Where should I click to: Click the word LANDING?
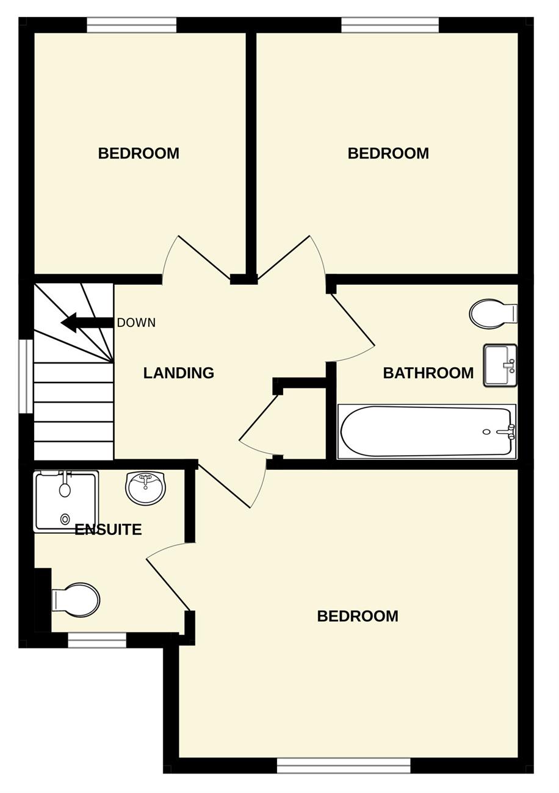point(179,373)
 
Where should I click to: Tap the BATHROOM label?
point(428,373)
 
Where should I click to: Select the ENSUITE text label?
point(109,529)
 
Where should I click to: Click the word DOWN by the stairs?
point(136,323)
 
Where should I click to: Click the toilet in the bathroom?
point(494,313)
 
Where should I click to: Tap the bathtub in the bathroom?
point(427,431)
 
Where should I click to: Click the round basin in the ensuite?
point(145,488)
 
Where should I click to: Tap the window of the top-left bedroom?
point(132,26)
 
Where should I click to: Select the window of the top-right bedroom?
point(390,26)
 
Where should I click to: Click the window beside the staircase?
point(26,376)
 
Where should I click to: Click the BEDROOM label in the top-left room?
point(139,153)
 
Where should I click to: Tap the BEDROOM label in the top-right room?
point(388,153)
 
